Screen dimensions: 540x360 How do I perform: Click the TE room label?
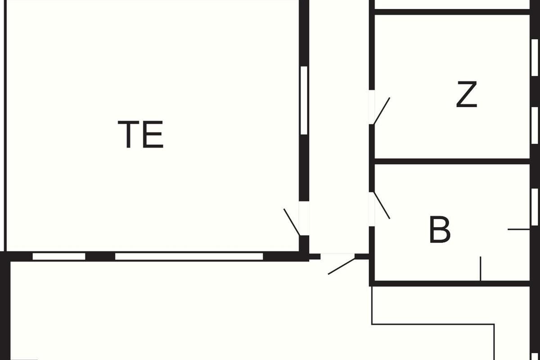[140, 134]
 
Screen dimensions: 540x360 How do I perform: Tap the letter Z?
[467, 94]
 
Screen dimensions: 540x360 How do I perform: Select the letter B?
[440, 229]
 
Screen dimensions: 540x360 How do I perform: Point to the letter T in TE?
[128, 134]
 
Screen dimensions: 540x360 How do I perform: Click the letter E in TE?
[153, 134]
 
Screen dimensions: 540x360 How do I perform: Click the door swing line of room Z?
[382, 111]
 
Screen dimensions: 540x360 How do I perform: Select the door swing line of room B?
[382, 206]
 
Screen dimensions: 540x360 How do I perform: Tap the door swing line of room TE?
[292, 222]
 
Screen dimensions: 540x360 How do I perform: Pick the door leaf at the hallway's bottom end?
[342, 266]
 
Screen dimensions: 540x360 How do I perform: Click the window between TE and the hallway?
[304, 100]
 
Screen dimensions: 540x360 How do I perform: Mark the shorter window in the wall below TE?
[59, 256]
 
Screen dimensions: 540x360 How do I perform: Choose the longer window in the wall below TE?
[189, 256]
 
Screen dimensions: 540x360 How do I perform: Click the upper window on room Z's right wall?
[535, 58]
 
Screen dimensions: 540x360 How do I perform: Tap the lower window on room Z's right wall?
[535, 126]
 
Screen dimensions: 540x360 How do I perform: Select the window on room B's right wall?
[535, 207]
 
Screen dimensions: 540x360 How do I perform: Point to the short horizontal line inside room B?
[518, 229]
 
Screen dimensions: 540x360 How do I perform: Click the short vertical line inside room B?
[481, 268]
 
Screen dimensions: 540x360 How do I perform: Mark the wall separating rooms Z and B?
[452, 161]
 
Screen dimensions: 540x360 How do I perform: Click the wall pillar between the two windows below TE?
[100, 256]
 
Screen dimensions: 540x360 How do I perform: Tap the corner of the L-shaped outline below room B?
[494, 324]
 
